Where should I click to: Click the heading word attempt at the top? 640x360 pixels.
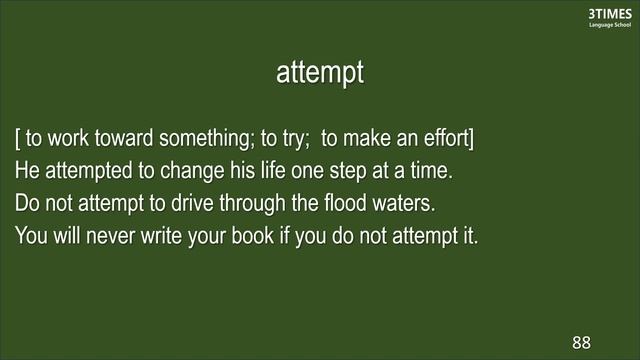pyautogui.click(x=320, y=73)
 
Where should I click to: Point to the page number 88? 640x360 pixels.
pyautogui.click(x=582, y=342)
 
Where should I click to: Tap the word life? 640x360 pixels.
pyautogui.click(x=277, y=171)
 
